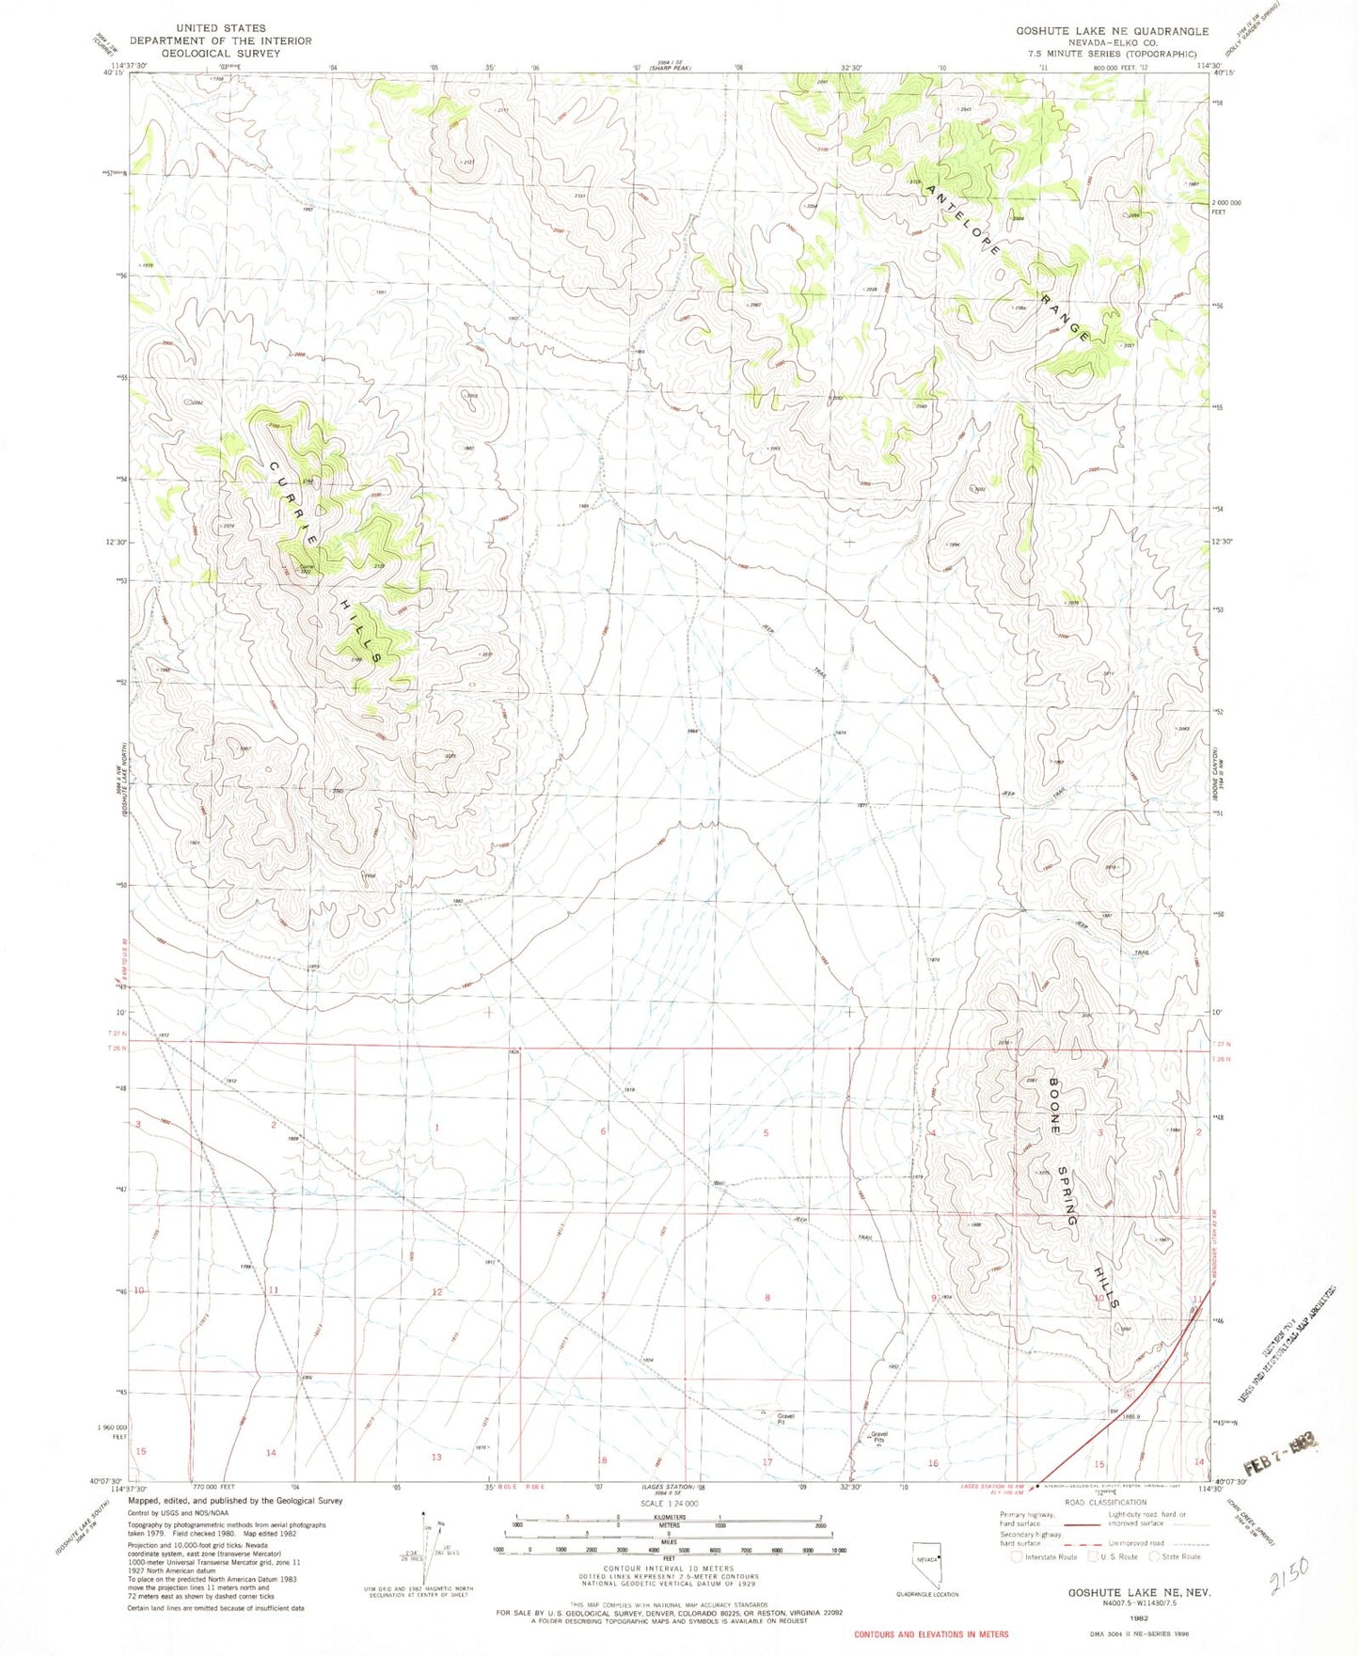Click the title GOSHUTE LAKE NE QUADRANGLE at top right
(x=1112, y=31)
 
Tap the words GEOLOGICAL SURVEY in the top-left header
(x=220, y=54)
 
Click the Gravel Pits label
(x=879, y=1437)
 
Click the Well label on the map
(x=719, y=1184)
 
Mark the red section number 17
(x=767, y=1462)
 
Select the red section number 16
(x=933, y=1463)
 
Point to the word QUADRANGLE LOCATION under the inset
(x=927, y=1594)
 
